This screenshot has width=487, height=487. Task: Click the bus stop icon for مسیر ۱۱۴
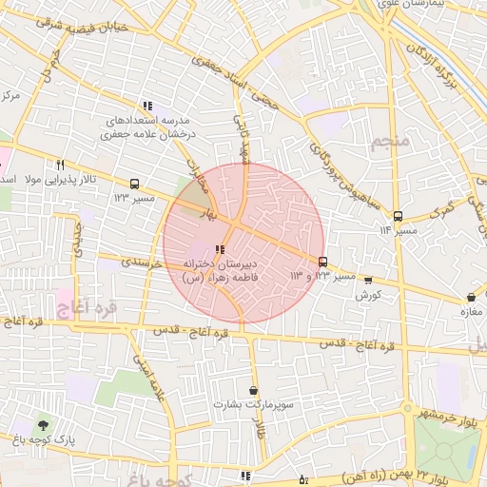[x=398, y=216]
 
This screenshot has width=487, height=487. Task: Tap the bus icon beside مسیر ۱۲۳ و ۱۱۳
[x=322, y=262]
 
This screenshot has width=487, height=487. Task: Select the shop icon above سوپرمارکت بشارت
[x=253, y=390]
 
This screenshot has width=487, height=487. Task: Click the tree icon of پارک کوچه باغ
[x=41, y=424]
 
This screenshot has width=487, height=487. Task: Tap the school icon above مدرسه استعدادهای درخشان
[x=146, y=107]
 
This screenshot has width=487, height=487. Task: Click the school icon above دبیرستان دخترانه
[x=221, y=249]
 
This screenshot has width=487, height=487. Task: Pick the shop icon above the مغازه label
[x=472, y=297]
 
